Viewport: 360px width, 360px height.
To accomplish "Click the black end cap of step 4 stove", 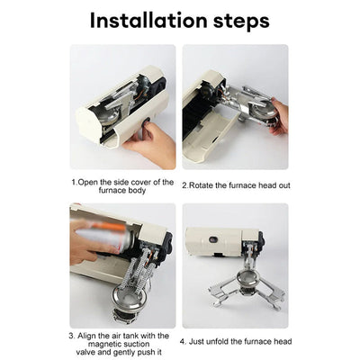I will click(258, 242).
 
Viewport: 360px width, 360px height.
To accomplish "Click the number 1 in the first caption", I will click(74, 182).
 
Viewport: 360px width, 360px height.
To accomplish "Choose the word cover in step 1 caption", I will click(140, 182).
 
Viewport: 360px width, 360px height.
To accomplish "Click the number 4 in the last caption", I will click(183, 342).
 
